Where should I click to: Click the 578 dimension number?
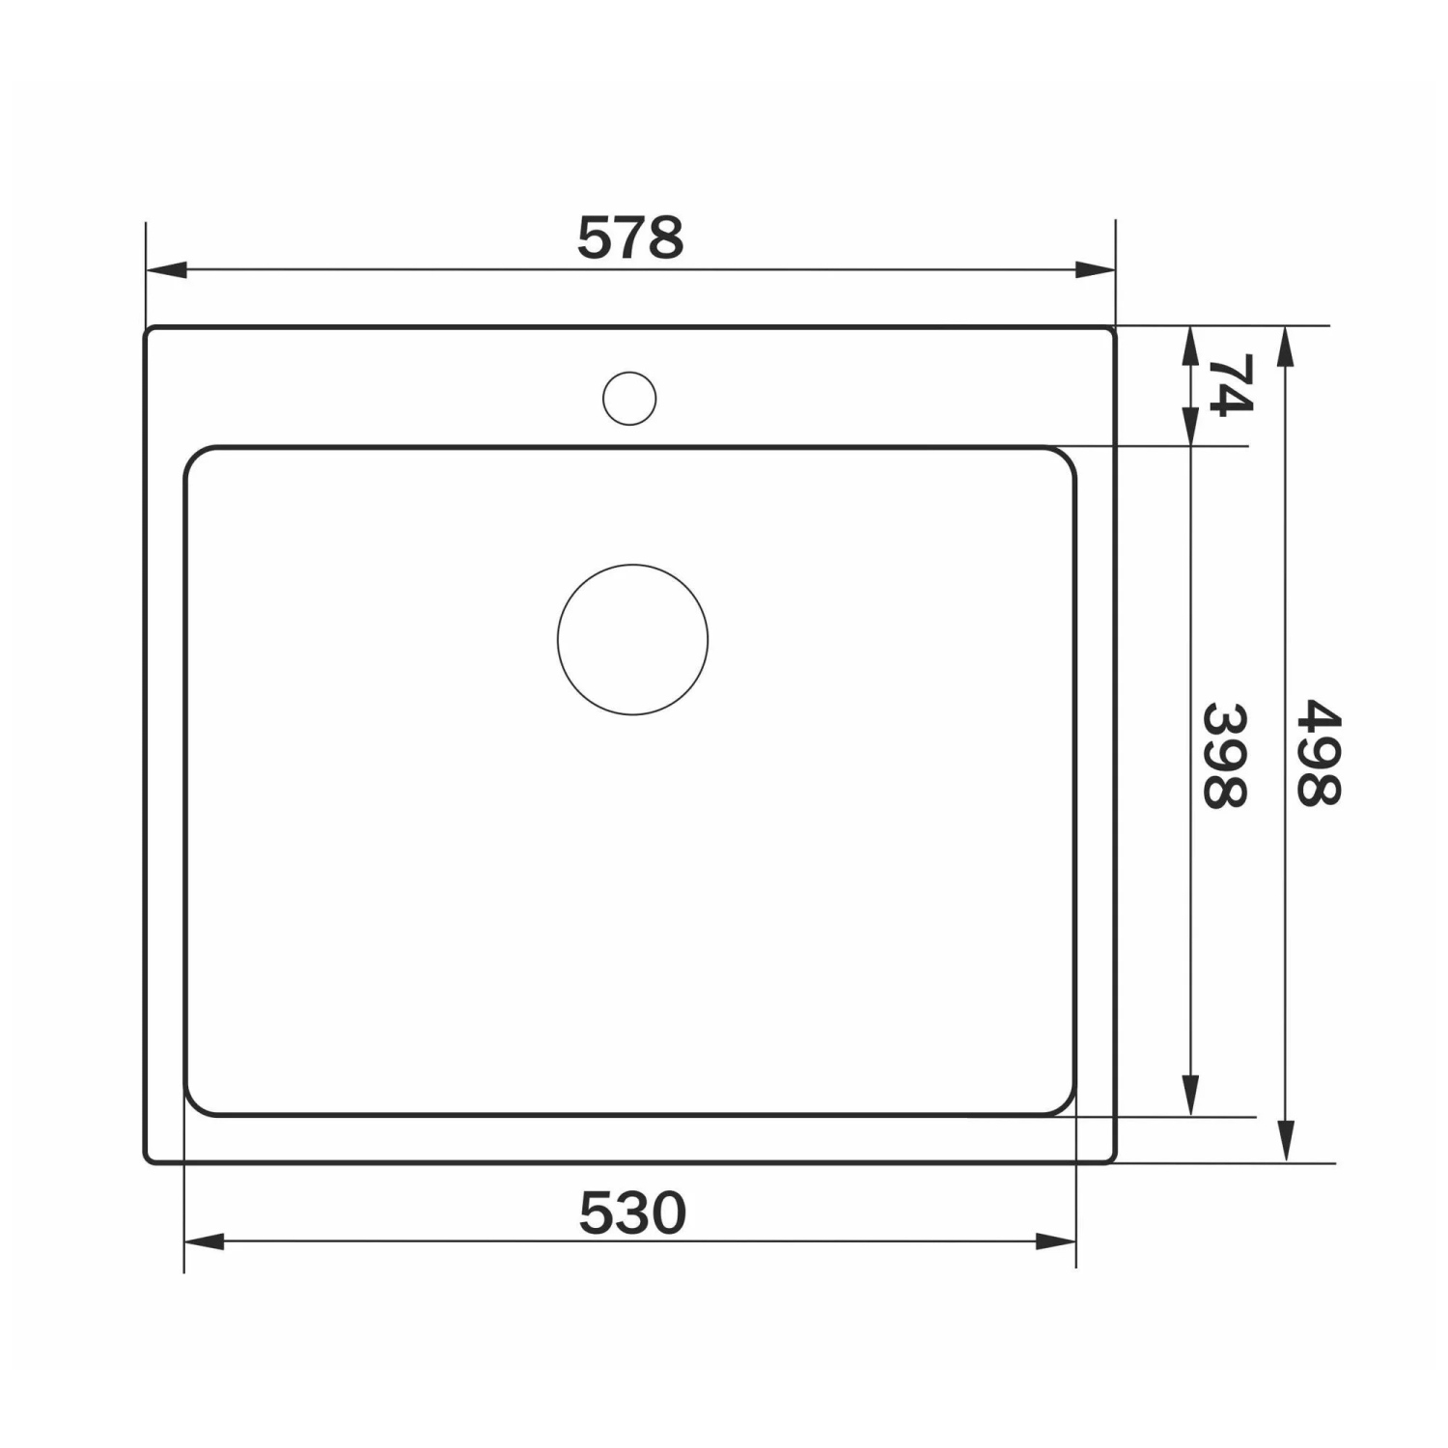click(630, 237)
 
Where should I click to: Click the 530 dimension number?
click(632, 1212)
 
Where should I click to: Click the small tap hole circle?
click(629, 398)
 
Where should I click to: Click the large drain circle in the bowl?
click(632, 640)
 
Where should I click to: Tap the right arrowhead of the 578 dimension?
click(1095, 269)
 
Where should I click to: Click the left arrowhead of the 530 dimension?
click(204, 1241)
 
